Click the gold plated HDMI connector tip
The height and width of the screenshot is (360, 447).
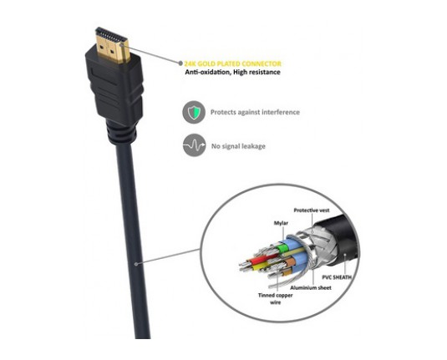pos(112,45)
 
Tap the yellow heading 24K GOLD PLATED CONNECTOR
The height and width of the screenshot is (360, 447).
pos(232,63)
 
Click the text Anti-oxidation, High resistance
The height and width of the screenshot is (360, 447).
pos(232,72)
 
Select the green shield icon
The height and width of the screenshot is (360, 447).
pos(194,112)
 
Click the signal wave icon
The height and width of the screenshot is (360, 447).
pos(194,145)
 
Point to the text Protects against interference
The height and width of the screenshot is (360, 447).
pos(255,112)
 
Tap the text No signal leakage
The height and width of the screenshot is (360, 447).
pos(238,146)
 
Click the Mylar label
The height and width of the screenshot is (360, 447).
pos(281,223)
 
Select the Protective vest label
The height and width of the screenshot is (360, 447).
pos(312,210)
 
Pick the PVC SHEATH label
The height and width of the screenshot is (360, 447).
pos(337,277)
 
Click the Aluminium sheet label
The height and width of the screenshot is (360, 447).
pos(311,288)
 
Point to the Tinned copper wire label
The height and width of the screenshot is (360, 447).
pos(276,299)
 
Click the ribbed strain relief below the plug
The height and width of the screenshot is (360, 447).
pos(122,133)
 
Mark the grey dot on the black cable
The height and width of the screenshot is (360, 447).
pos(136,264)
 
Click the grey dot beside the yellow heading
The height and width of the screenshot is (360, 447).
pos(180,63)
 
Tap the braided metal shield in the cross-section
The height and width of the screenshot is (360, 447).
pos(319,245)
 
